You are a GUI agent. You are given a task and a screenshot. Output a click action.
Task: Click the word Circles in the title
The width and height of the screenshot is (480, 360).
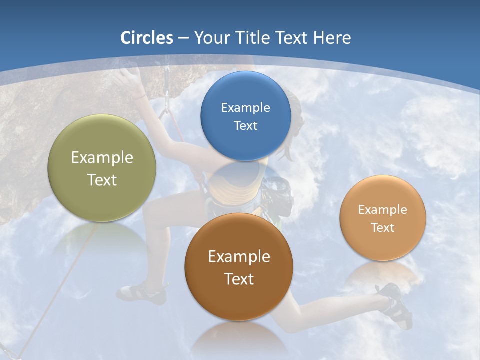pos(146,38)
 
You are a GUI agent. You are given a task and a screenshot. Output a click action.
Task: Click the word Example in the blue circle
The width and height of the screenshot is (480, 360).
pos(245,108)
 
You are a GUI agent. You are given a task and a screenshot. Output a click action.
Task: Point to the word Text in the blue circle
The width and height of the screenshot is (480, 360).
pos(245,125)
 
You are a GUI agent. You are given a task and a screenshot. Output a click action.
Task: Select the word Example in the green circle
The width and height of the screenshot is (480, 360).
pos(102,158)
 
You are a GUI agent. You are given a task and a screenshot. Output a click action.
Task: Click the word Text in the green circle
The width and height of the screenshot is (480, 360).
pos(102,180)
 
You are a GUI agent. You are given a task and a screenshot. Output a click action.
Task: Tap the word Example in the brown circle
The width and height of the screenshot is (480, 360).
pos(239,257)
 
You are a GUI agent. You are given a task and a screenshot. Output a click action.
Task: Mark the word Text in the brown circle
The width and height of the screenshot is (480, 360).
pos(239,279)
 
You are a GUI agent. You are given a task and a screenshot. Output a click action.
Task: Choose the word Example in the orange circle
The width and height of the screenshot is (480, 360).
pos(383,210)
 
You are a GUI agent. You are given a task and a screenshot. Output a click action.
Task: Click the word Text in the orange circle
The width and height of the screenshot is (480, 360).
pos(383,228)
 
